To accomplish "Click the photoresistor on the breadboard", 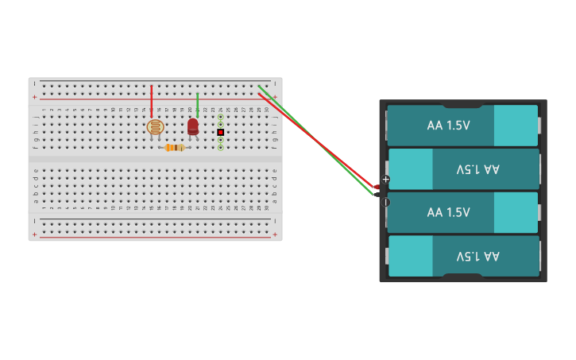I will coord(155,126).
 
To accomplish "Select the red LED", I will coord(193,126).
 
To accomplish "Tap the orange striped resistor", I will coord(175,147).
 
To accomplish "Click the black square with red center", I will coord(220,132).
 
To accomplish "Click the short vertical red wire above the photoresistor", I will coord(151,101).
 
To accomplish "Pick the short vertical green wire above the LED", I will coord(197,103).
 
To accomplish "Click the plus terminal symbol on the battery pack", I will coord(386,180).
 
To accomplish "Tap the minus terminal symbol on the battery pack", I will coord(386,202).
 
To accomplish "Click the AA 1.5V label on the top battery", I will coord(448,126).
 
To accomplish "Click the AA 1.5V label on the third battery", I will coord(448,212).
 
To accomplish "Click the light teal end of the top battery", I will coord(516,126).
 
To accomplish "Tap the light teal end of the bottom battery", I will coord(411,256).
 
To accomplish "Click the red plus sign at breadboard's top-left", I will coord(35,97).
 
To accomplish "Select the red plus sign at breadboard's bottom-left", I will coord(35,234).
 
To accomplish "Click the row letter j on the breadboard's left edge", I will coord(36,117).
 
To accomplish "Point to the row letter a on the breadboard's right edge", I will coord(275,200).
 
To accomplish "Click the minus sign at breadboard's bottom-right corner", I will coord(275,220).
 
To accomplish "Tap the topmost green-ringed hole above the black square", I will coord(220,117).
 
